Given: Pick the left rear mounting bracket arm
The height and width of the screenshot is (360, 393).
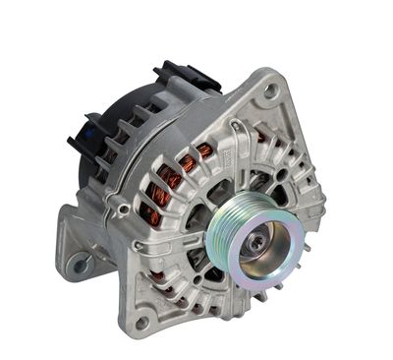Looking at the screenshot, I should pyautogui.click(x=79, y=246).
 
